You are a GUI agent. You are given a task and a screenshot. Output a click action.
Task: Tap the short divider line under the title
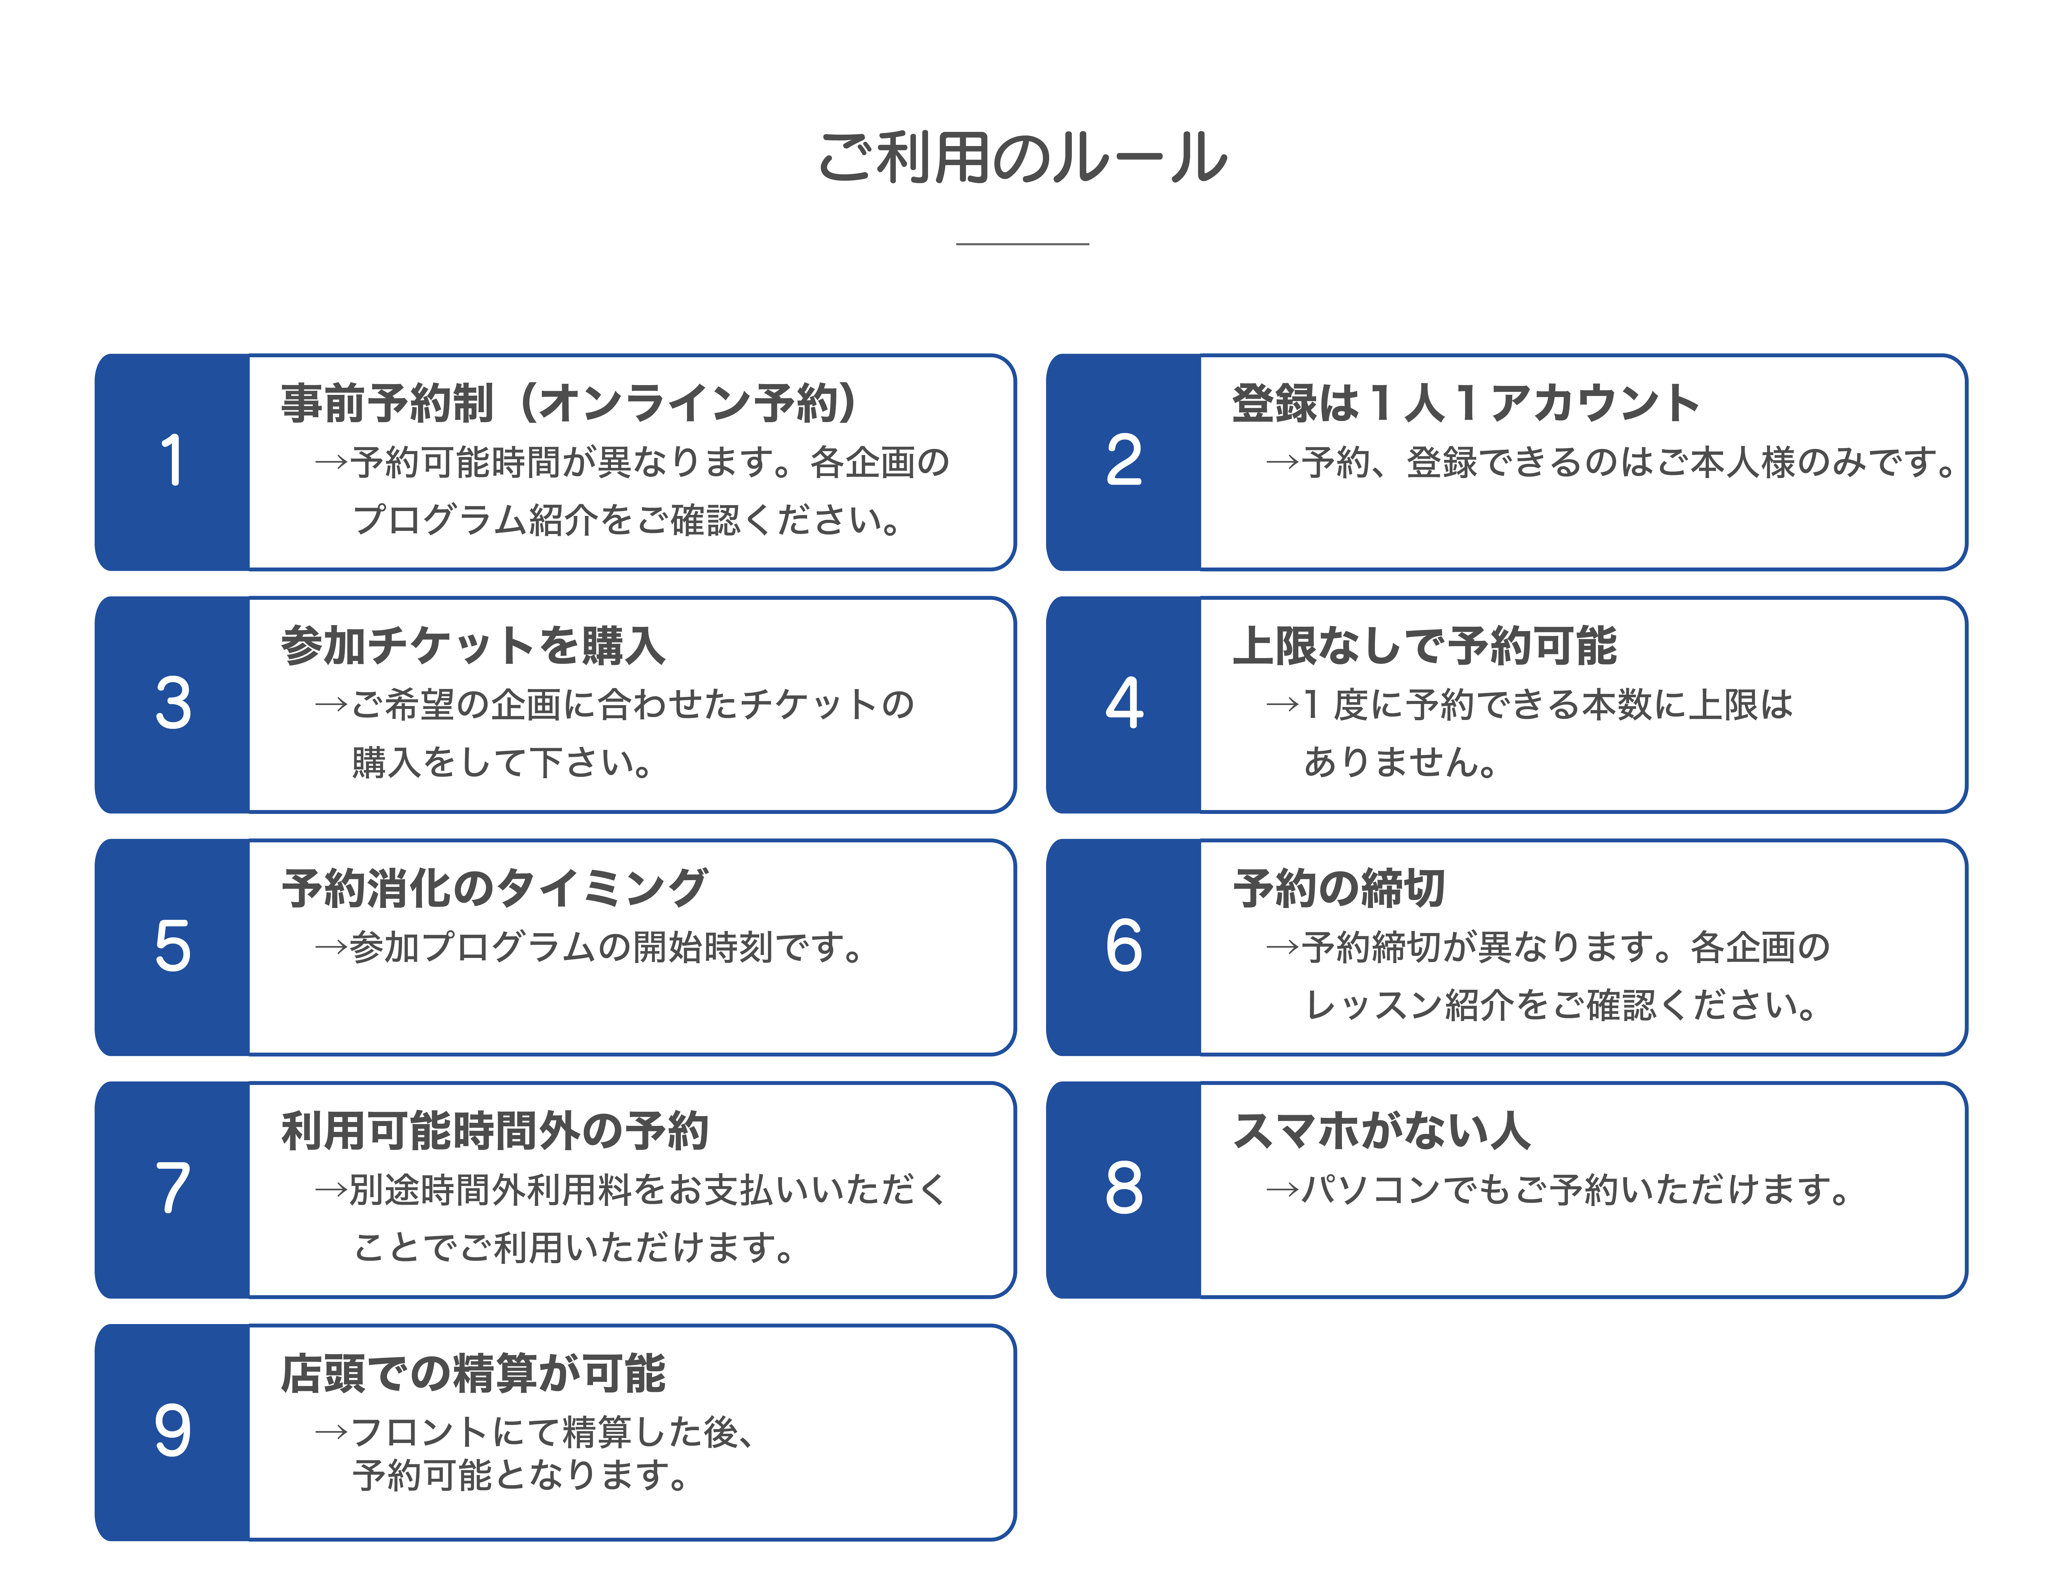tap(1022, 243)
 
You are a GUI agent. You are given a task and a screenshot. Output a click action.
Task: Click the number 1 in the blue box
tap(172, 462)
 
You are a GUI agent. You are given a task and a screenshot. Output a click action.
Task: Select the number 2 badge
tap(1124, 462)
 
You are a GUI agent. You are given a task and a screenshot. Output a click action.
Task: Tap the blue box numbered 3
tap(172, 704)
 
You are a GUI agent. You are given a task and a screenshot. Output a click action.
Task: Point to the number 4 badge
tap(1124, 704)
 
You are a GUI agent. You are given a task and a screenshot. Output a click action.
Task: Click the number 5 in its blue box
tap(172, 946)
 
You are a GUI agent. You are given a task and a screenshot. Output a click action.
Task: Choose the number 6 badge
tap(1124, 946)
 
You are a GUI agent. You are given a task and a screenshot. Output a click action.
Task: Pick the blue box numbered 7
tap(172, 1189)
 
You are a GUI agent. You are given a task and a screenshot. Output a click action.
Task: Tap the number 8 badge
tap(1124, 1189)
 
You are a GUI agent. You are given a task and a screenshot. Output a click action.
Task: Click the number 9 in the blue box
tap(172, 1431)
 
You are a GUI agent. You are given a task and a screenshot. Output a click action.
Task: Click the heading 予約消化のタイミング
tap(495, 888)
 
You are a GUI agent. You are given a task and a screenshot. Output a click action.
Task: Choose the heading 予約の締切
tap(1339, 888)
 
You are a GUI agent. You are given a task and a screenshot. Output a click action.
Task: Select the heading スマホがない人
tap(1381, 1131)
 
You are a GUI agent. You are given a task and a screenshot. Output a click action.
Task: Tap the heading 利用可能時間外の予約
tap(495, 1131)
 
